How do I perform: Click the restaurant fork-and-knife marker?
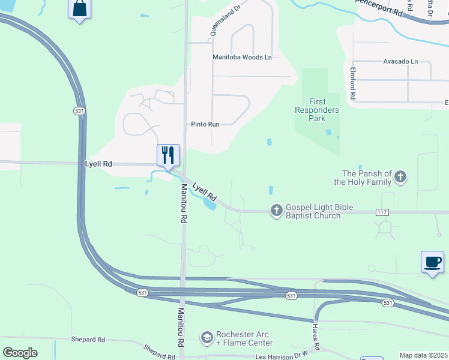169,155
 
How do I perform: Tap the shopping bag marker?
79,9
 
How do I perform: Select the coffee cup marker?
432,262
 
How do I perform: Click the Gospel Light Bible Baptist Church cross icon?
276,211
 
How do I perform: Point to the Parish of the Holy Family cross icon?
400,178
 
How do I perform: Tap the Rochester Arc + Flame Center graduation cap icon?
207,338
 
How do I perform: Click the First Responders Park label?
316,110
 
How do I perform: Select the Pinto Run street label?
205,124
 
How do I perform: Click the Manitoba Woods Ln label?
243,58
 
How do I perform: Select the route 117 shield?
382,212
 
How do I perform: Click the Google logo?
20,352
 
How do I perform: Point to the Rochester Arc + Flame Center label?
244,338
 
